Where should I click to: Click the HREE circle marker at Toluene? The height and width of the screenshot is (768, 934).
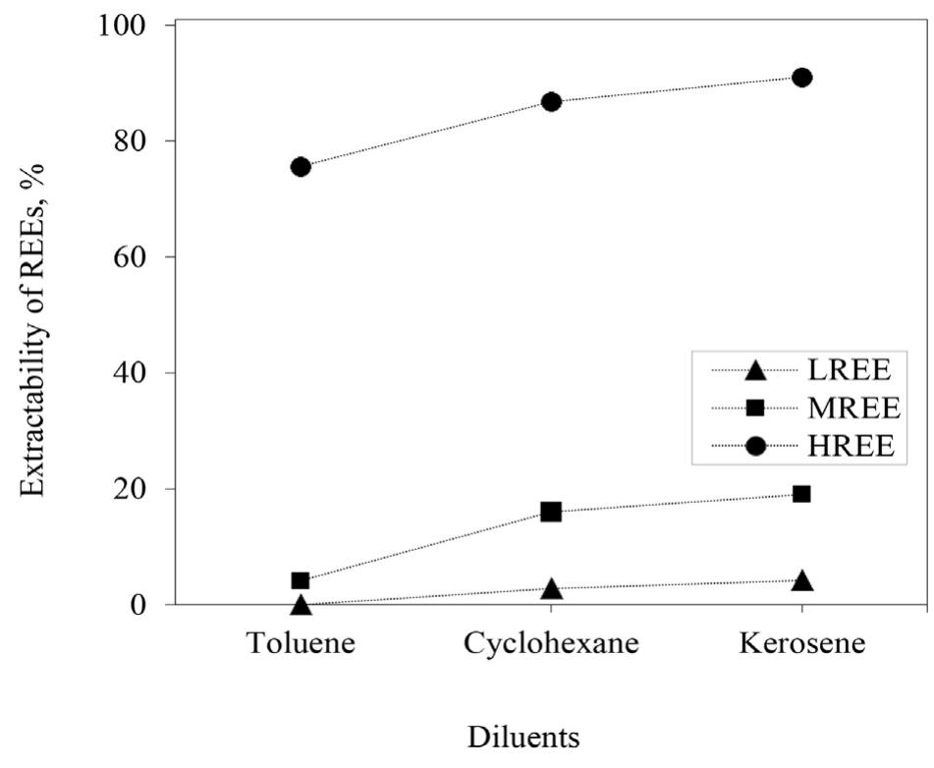(301, 167)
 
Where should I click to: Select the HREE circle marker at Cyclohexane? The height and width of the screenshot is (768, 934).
(551, 102)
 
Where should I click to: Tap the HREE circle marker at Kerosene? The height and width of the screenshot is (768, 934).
(801, 78)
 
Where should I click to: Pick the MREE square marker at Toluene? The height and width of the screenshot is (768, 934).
(301, 580)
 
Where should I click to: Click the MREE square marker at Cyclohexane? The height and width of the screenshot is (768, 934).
(551, 512)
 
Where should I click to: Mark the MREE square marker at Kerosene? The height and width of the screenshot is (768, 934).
(801, 494)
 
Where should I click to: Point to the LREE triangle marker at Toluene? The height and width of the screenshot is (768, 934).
(301, 605)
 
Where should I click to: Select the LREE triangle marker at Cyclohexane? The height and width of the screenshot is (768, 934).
(551, 589)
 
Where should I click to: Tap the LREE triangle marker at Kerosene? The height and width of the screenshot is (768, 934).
(801, 580)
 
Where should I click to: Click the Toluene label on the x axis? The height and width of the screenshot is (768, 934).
(301, 644)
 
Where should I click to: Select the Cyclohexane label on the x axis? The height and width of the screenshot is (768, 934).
(551, 644)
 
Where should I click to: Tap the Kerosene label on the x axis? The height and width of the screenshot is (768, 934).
(801, 644)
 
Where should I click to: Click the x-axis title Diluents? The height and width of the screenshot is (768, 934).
(523, 737)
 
